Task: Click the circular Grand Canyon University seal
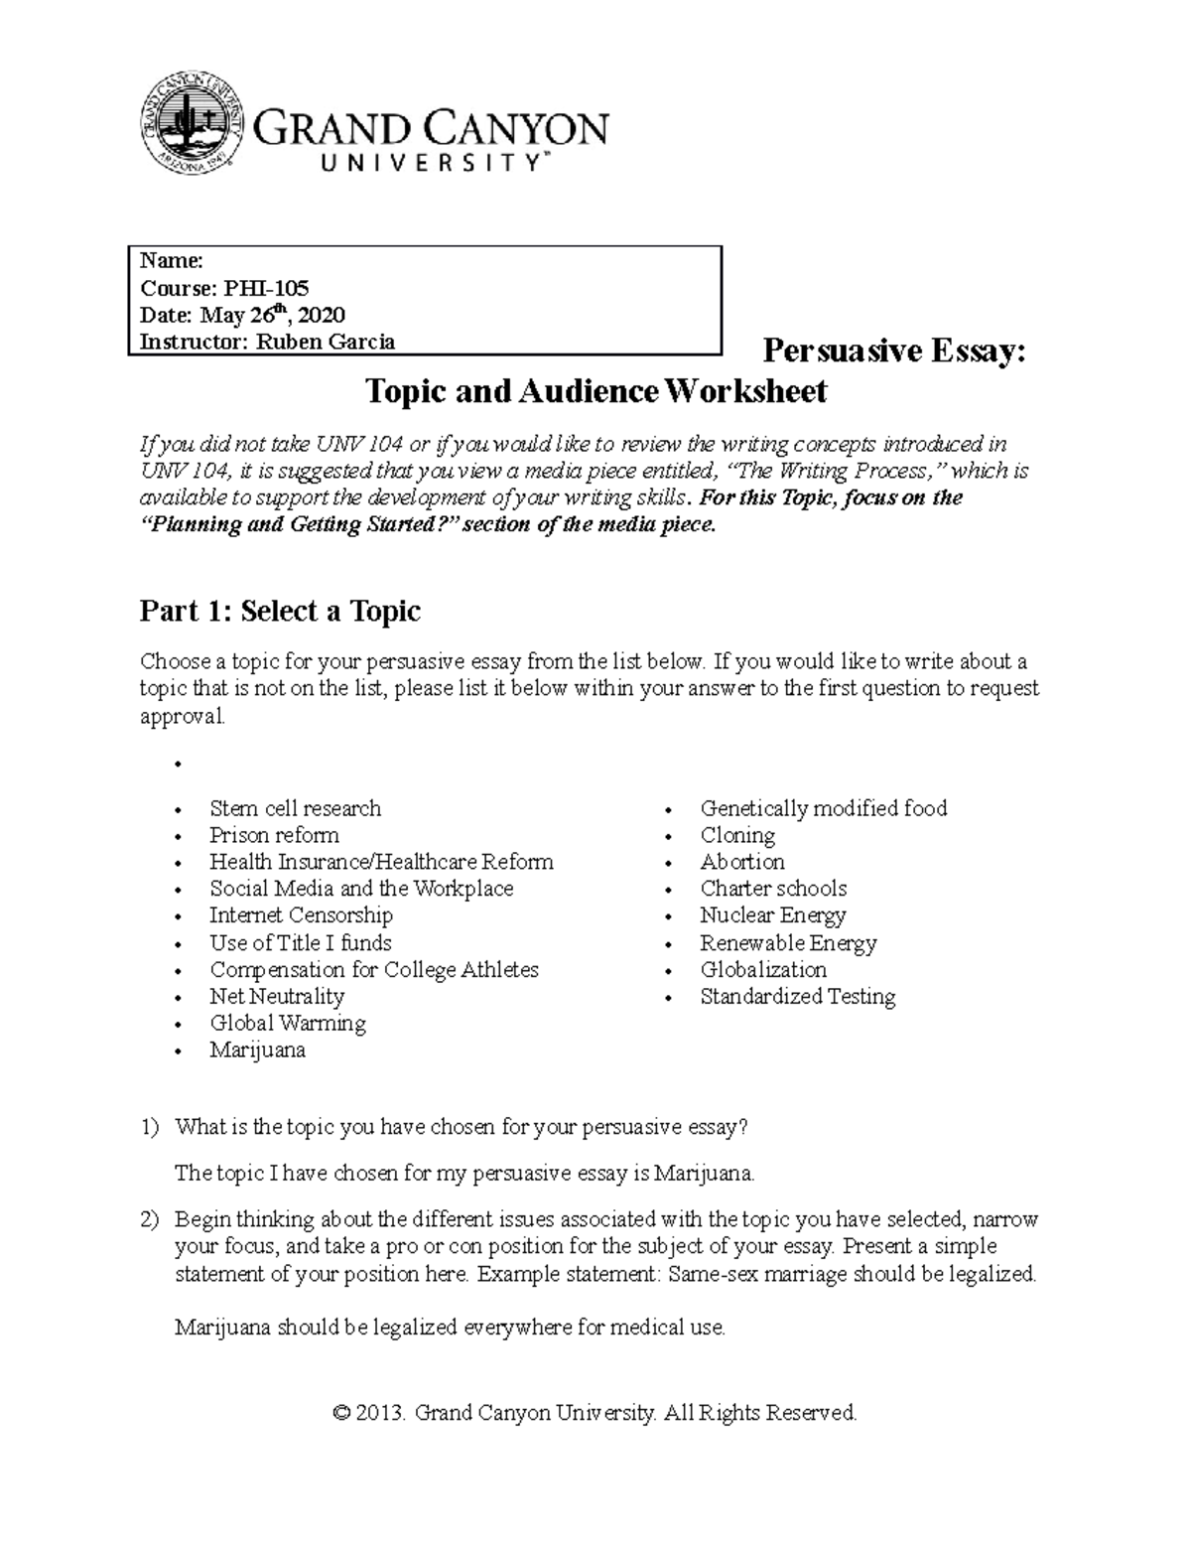click(x=192, y=120)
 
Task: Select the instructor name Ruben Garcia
click(x=326, y=343)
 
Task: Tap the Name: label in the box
click(x=171, y=261)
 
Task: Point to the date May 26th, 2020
click(x=272, y=316)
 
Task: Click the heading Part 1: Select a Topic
click(x=280, y=611)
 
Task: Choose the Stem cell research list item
click(x=295, y=808)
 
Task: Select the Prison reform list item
click(x=274, y=835)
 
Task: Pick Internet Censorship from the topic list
click(x=301, y=915)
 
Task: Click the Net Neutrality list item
click(x=277, y=996)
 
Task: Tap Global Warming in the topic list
click(x=288, y=1023)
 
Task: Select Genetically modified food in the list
click(x=824, y=808)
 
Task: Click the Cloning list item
click(x=737, y=835)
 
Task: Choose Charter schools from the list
click(x=773, y=889)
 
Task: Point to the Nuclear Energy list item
click(x=773, y=915)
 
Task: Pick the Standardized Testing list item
click(x=798, y=996)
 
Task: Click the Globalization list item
click(x=763, y=969)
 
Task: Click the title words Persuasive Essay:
click(x=893, y=351)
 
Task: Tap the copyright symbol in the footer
click(x=342, y=1413)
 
